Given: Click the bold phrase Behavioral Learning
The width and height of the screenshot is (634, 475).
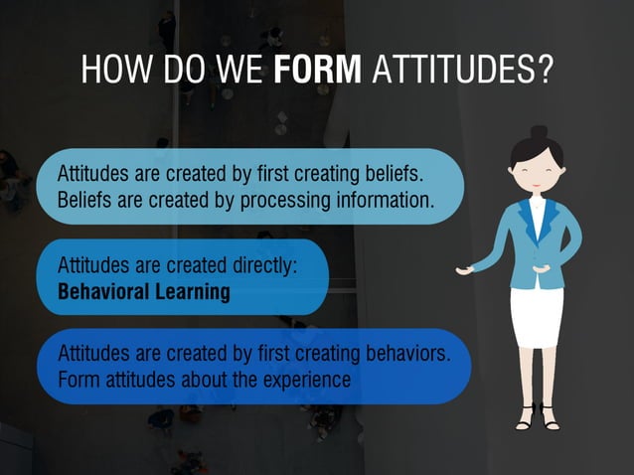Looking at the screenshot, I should (x=143, y=292).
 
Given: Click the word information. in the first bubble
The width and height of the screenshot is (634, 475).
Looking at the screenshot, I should (x=385, y=199).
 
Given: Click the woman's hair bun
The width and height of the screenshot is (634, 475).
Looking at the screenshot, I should (x=538, y=132).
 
